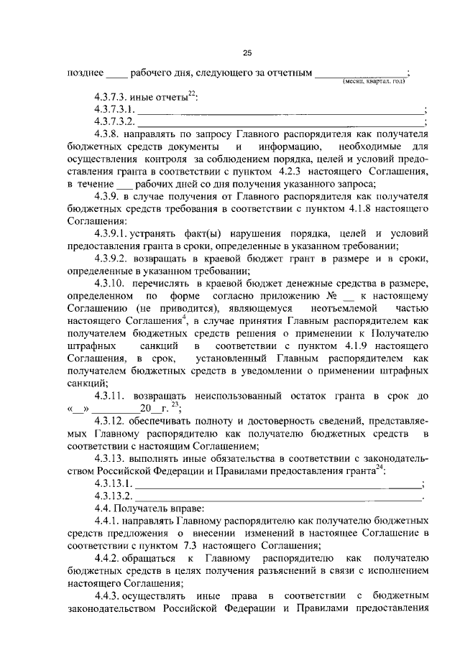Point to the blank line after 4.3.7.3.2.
click(281, 123)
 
